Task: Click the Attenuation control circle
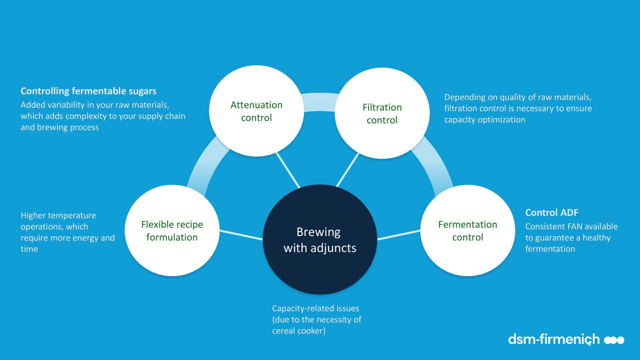click(256, 111)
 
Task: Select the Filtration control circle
click(382, 113)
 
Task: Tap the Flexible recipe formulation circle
click(172, 230)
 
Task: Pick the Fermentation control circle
click(467, 230)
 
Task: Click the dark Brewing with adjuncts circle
click(319, 239)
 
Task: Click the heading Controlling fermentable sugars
click(88, 91)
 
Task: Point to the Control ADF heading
click(551, 212)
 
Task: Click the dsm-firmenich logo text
click(553, 339)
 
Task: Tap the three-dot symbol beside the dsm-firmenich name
click(614, 340)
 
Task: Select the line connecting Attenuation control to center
click(287, 170)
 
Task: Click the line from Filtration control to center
click(347, 170)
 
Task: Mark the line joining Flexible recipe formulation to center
click(241, 235)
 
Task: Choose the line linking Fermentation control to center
click(399, 235)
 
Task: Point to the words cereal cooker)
click(299, 331)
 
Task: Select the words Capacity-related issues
click(315, 308)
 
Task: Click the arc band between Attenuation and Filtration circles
click(319, 102)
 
